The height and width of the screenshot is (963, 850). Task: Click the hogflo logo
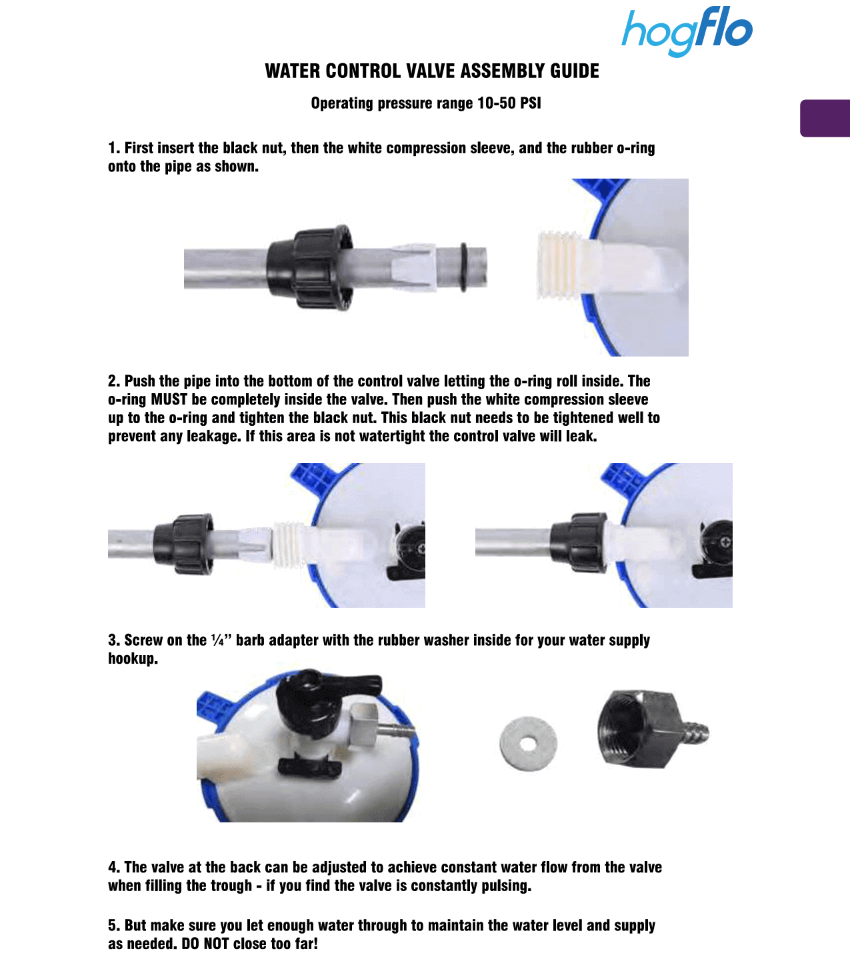pos(687,31)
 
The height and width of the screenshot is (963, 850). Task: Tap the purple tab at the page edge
pos(825,119)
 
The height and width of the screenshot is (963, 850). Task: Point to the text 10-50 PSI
pos(509,103)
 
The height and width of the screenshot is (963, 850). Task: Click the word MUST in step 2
pos(169,399)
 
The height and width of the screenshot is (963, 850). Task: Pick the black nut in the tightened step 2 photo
pos(579,542)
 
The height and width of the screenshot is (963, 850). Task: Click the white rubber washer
pos(528,743)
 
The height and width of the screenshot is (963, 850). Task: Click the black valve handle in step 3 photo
pos(327,693)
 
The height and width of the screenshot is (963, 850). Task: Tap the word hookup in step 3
pos(133,659)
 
